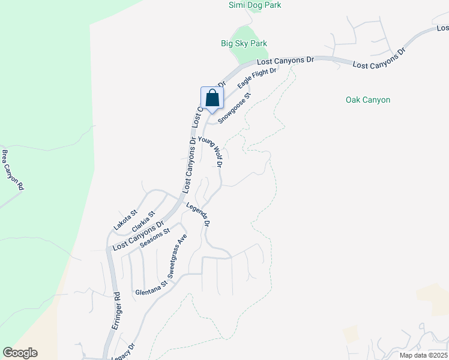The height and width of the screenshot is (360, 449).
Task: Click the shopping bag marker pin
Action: (x=212, y=98)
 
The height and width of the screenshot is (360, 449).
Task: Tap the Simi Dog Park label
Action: (x=255, y=5)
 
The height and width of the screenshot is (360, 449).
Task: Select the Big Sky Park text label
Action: (x=244, y=43)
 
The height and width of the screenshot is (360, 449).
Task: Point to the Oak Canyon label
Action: (x=368, y=100)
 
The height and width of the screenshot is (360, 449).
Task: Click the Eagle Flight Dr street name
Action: (x=256, y=79)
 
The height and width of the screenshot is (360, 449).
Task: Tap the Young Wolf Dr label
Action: (x=211, y=152)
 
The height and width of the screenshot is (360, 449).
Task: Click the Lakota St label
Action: (x=126, y=220)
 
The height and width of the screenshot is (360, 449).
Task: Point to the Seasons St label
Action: (x=155, y=237)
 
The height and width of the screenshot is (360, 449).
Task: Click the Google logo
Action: (x=20, y=353)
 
